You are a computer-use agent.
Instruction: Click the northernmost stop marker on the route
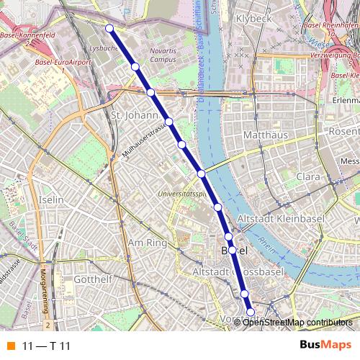pyautogui.click(x=109, y=28)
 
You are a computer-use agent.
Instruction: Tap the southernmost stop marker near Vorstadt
pyautogui.click(x=251, y=312)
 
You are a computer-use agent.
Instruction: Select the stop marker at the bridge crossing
pyautogui.click(x=202, y=174)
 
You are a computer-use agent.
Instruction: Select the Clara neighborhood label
pyautogui.click(x=307, y=176)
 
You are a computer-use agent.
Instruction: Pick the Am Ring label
pyautogui.click(x=147, y=243)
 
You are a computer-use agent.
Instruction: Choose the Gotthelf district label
pyautogui.click(x=91, y=279)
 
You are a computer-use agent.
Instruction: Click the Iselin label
pyautogui.click(x=53, y=199)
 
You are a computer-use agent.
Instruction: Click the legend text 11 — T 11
pyautogui.click(x=46, y=346)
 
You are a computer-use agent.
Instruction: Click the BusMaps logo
pyautogui.click(x=325, y=346)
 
